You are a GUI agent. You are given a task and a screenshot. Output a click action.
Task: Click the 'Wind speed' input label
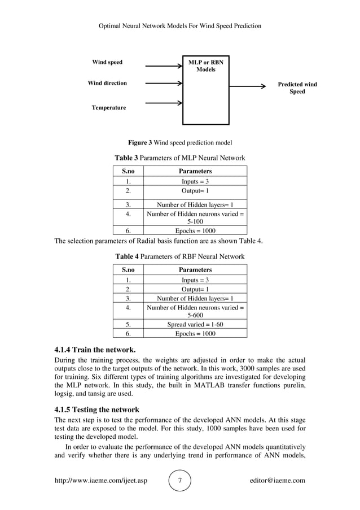[107, 62]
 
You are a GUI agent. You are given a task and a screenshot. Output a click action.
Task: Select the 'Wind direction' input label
[107, 83]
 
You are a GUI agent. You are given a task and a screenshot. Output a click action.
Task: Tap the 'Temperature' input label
[109, 107]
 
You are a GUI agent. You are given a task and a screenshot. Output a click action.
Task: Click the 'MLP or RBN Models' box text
[205, 66]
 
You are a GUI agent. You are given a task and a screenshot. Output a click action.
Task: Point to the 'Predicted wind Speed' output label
[297, 88]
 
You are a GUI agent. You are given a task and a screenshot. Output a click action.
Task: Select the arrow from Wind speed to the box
[164, 66]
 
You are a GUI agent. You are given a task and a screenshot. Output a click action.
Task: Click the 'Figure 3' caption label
[140, 142]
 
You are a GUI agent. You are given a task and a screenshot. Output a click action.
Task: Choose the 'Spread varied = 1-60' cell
[195, 325]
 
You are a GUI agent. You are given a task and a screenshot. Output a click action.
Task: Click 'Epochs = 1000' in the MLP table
[195, 230]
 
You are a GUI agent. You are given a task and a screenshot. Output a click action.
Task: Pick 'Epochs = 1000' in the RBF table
[195, 334]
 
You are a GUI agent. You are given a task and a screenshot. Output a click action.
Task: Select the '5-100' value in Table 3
[195, 222]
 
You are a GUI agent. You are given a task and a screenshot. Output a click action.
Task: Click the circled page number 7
[180, 481]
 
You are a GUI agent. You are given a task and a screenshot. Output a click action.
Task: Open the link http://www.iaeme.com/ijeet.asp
[100, 481]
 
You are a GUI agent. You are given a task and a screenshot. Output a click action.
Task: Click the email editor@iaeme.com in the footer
[277, 481]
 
